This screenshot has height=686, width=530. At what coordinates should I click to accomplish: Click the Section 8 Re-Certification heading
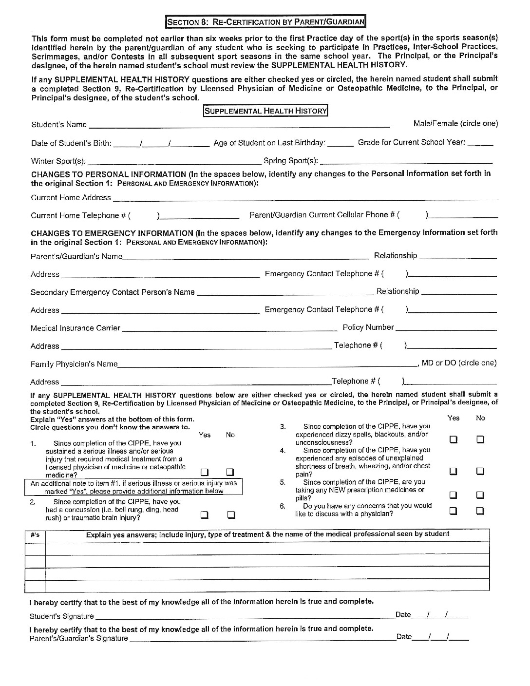coord(265,22)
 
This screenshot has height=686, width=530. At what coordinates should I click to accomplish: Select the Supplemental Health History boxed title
coord(265,111)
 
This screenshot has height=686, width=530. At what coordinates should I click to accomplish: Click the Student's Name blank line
coord(239,125)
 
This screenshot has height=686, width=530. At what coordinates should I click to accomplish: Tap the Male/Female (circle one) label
coord(455,124)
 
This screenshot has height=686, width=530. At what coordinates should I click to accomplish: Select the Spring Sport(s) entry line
coord(406,161)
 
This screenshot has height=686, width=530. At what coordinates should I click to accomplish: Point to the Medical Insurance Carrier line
coord(229,328)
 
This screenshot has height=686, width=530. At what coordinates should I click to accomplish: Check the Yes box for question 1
coord(205,472)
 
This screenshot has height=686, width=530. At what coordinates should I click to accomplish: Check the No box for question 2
coord(231,514)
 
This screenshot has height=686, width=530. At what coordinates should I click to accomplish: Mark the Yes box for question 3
coord(453,439)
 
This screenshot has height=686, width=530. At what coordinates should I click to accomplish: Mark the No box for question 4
coord(480,471)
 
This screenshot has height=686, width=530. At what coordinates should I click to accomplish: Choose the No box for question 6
coord(480,511)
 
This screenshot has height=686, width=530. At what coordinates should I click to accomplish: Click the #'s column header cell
coord(35,534)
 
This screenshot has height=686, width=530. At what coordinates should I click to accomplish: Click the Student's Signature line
coord(244,617)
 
